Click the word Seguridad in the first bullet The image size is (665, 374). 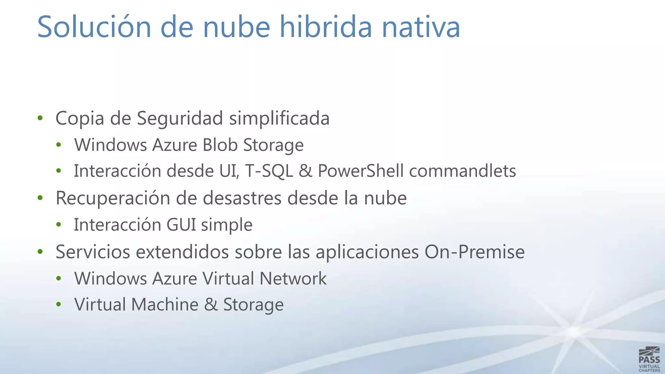click(180, 118)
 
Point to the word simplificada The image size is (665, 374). click(279, 118)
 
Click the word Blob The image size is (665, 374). click(220, 145)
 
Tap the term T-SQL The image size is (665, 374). click(269, 171)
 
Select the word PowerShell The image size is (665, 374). click(360, 171)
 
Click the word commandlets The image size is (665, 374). click(462, 171)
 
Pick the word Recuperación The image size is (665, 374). click(113, 198)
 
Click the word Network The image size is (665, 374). click(293, 279)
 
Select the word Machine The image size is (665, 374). click(165, 305)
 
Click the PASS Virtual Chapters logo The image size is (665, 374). click(649, 359)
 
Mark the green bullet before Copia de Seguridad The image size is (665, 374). click(40, 118)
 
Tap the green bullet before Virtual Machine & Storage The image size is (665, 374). click(58, 305)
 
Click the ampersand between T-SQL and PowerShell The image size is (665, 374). click(305, 171)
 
